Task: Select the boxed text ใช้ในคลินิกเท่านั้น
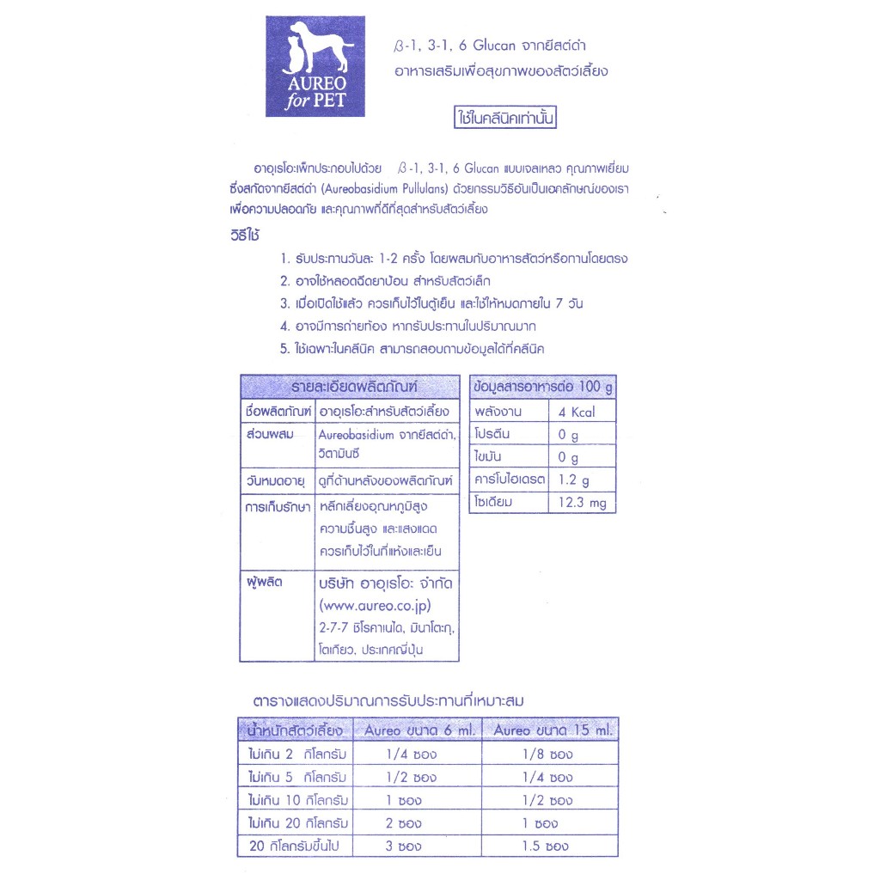(x=506, y=118)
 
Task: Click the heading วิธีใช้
(x=245, y=235)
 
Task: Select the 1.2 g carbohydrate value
(x=574, y=480)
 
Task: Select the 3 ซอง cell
(x=402, y=846)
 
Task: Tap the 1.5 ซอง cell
(x=545, y=846)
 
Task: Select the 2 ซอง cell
(x=402, y=823)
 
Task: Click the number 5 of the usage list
(x=284, y=349)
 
